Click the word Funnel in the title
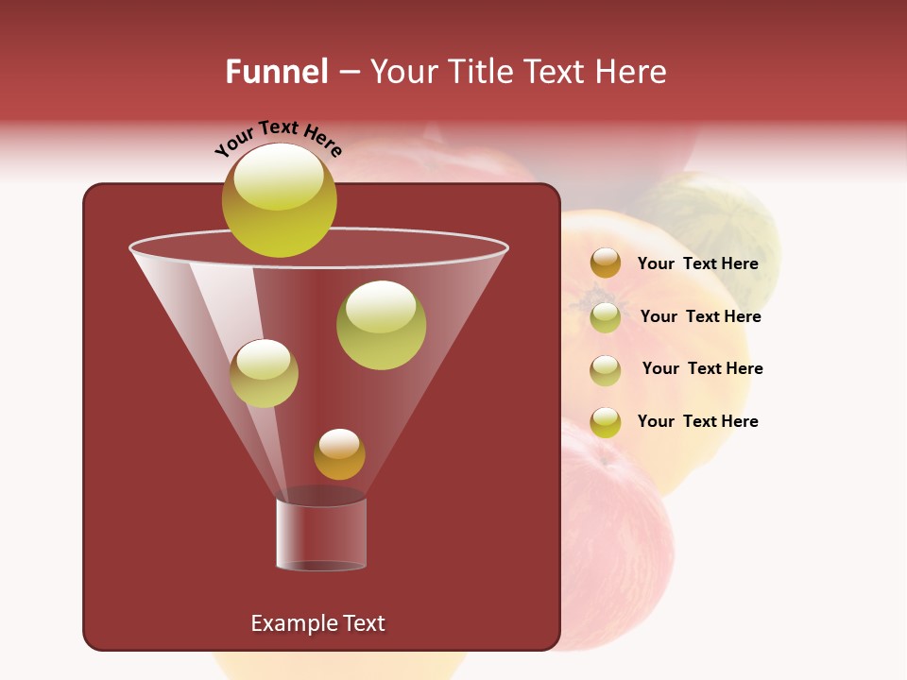276,72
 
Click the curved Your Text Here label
278,137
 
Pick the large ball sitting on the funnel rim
279,200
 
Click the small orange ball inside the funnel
339,454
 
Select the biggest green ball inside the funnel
381,325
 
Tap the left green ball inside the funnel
264,373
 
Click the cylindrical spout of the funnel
321,534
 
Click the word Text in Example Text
364,623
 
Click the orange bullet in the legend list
606,263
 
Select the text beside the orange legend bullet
697,263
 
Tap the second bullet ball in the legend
606,316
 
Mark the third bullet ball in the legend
606,369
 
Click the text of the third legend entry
702,368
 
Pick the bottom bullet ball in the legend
606,422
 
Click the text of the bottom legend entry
697,421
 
